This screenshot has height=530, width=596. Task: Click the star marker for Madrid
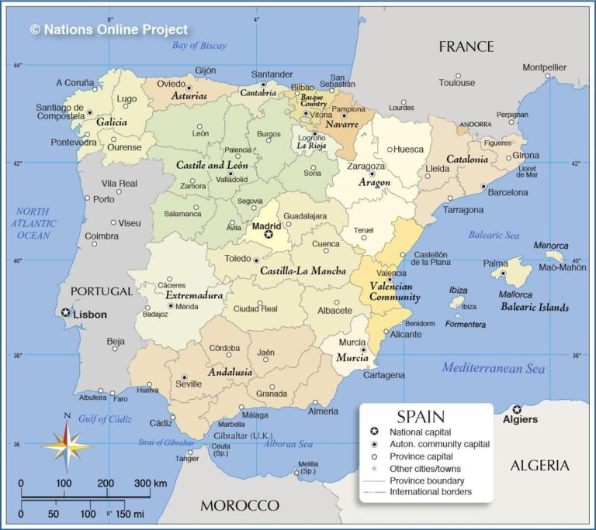click(269, 235)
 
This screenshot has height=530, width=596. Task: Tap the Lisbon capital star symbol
click(66, 313)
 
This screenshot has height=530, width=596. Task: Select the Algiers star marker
click(517, 409)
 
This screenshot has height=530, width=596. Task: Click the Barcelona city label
click(507, 192)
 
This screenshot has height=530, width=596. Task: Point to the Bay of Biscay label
click(199, 46)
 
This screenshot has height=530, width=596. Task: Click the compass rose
click(67, 446)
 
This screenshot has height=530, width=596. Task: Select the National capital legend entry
click(420, 432)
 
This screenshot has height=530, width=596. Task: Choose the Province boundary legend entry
click(427, 480)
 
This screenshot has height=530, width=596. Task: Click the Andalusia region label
click(230, 372)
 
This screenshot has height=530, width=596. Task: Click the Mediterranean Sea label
click(494, 368)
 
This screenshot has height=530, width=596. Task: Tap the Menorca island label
click(552, 246)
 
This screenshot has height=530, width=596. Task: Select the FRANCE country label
click(466, 46)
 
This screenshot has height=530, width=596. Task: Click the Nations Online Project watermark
click(109, 29)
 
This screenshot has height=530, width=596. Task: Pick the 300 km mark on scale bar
click(151, 484)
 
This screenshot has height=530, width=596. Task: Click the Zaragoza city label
click(366, 166)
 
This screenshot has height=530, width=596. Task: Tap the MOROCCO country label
click(240, 505)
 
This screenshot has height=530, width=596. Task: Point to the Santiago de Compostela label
click(60, 112)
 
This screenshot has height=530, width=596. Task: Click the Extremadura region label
click(194, 295)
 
